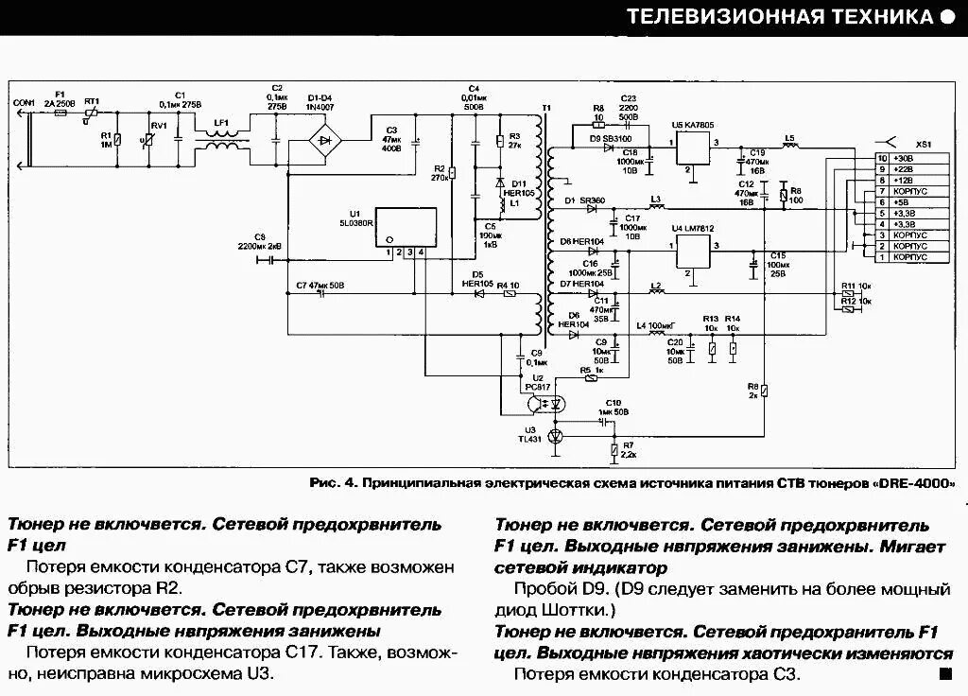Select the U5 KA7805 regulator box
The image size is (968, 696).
coord(693,149)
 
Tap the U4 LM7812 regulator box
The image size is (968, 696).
coord(693,252)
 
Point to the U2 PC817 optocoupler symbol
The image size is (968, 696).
coord(544,402)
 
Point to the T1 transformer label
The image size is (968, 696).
coord(545,110)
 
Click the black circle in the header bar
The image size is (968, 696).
coord(948,17)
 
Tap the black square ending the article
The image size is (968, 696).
coord(944,673)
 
